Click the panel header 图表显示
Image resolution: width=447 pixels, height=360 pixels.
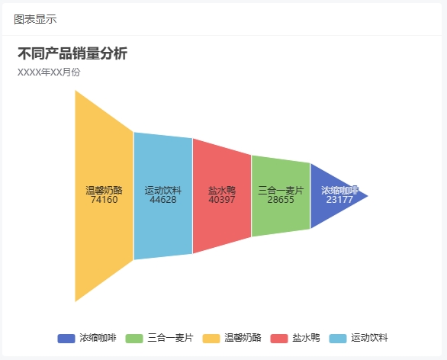pos(35,19)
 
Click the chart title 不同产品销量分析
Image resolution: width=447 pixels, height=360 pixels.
pos(72,53)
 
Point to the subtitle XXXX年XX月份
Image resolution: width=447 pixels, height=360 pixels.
pos(49,72)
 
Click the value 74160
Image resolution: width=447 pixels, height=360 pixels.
pos(104,200)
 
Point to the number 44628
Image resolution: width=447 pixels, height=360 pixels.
pos(163,200)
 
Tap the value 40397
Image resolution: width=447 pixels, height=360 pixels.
pos(222,200)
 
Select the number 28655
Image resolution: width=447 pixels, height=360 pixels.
pos(281,200)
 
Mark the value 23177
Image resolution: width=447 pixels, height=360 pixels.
pos(339,200)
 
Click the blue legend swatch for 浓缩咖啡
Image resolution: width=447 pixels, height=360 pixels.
pos(66,339)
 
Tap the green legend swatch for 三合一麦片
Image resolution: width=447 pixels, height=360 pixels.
pos(134,339)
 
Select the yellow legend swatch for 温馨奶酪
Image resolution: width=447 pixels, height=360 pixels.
pos(211,339)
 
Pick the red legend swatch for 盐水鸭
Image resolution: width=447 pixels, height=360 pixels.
pos(279,339)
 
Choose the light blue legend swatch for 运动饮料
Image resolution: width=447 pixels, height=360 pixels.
pos(338,339)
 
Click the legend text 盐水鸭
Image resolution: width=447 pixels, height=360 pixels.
pos(306,338)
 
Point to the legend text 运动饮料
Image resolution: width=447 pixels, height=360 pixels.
pos(369,338)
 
